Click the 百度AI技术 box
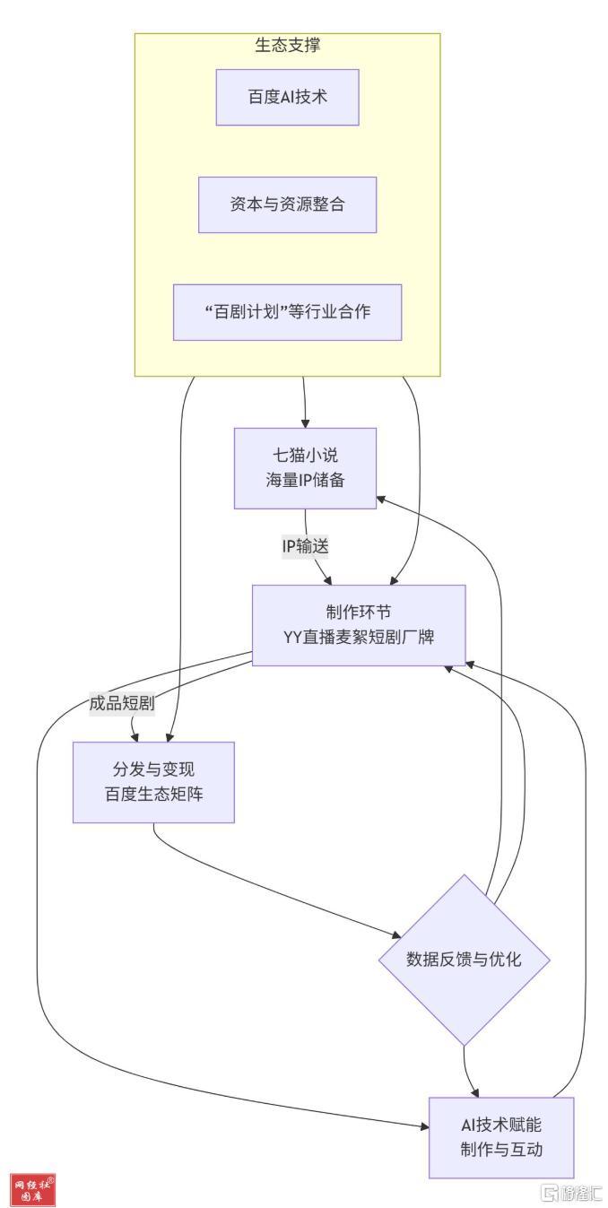click(x=287, y=97)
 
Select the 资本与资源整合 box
click(x=287, y=204)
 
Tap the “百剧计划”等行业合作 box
click(x=287, y=312)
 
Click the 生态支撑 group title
click(x=287, y=45)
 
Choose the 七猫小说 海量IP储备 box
click(x=305, y=468)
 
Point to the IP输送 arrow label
click(x=305, y=546)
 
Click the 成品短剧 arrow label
click(x=122, y=704)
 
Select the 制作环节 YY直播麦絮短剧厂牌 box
click(x=359, y=625)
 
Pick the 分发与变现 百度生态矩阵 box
click(x=153, y=782)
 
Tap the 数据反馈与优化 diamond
click(x=464, y=960)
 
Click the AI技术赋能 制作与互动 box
click(x=501, y=1137)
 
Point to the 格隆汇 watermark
click(x=570, y=1193)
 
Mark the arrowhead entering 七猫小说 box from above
click(x=306, y=422)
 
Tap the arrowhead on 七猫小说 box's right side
click(x=382, y=497)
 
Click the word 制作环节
click(x=359, y=613)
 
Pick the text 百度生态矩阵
click(x=153, y=795)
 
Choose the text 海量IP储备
click(x=305, y=481)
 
